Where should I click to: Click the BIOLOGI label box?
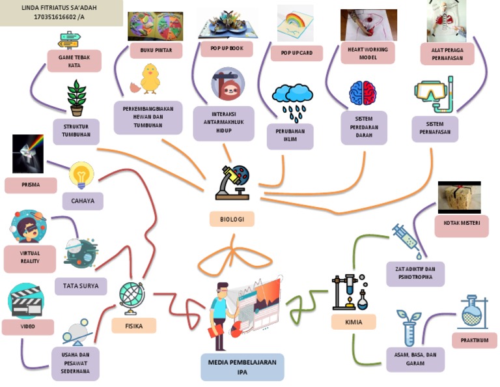coord(232,220)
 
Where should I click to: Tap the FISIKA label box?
coord(133,325)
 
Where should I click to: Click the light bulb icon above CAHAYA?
coord(81,175)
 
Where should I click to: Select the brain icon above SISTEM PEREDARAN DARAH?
coord(363,93)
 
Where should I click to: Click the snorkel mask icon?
coord(433,95)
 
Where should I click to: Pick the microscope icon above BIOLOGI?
coord(232,182)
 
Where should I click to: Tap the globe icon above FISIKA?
coord(132,296)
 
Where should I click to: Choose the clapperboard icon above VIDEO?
coord(26,300)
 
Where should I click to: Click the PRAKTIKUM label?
coord(474,340)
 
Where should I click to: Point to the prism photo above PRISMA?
coord(27,154)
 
